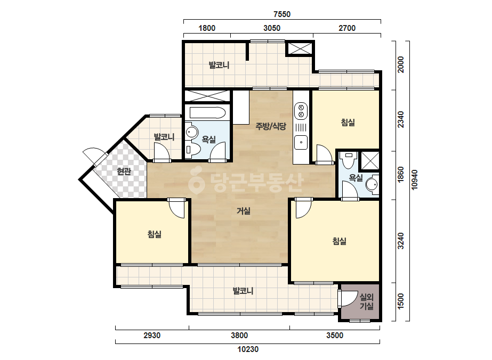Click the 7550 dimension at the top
point(282,14)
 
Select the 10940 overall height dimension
point(415,179)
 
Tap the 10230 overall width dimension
point(248,349)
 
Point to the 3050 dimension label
point(272,28)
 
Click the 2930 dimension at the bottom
point(152,335)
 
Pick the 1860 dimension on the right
point(401,175)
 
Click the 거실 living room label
point(244,211)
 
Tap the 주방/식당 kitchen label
point(271,126)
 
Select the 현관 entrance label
point(124,171)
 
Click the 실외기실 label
point(367,301)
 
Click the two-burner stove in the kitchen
point(301,111)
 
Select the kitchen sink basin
point(301,142)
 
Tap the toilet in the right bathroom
point(349,160)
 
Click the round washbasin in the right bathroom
point(372,184)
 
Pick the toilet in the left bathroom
point(192,150)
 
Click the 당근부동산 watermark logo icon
point(196,181)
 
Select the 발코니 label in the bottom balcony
point(243,291)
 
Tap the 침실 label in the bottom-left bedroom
point(155,234)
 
